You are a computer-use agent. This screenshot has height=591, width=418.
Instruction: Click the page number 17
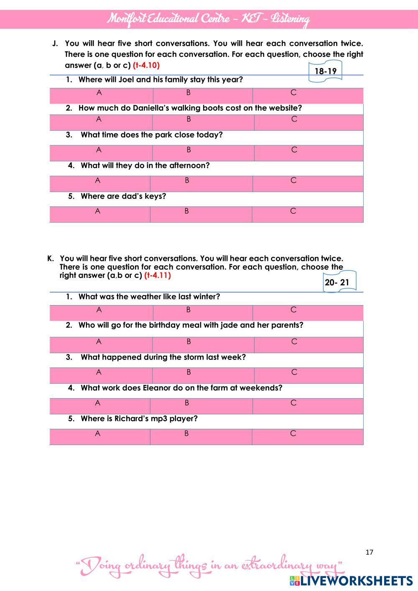pos(369,552)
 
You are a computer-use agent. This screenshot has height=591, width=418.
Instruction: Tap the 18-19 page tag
pos(325,71)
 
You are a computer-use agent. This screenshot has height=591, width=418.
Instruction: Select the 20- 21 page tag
pos(337,283)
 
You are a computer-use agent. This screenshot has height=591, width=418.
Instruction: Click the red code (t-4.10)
pos(146,65)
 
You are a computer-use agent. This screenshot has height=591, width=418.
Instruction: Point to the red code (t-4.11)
pos(158,275)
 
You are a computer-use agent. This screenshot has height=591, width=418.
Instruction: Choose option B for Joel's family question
pos(189,93)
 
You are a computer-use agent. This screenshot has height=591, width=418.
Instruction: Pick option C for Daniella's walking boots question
pos(294,119)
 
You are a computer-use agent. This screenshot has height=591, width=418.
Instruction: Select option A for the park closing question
pos(99,150)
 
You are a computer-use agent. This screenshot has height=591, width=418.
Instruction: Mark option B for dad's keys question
pos(186,211)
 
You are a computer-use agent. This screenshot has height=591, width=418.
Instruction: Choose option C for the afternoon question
pos(293,181)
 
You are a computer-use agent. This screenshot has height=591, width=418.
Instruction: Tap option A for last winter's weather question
pos(99,310)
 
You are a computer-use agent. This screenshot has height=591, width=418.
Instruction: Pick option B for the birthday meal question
pos(189,341)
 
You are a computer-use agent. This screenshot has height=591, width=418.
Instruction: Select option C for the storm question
pos(294,372)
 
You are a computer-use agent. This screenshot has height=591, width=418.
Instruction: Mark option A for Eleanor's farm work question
pos(97,403)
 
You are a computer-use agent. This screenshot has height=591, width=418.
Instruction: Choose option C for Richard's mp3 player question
pos(293,433)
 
